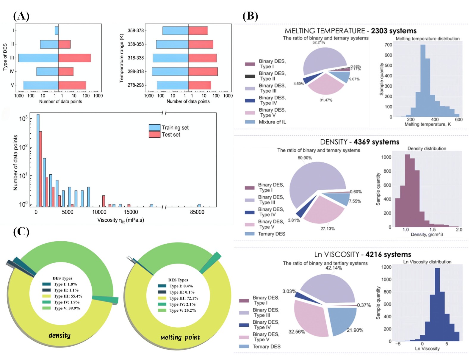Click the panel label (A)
point(21,16)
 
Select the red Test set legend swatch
point(154,134)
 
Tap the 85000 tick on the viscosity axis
point(197,212)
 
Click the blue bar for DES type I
point(57,31)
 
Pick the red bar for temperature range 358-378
point(198,31)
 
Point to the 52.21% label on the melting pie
point(319,43)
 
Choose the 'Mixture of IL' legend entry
point(272,122)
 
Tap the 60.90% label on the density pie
point(305,158)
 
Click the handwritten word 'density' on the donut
point(59,335)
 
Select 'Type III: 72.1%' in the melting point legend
point(184,298)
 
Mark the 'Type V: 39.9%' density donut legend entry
point(67,308)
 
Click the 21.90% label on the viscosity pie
point(355,330)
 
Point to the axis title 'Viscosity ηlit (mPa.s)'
point(120,220)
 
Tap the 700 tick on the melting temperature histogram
point(388,45)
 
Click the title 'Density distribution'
point(427,148)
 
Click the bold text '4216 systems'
point(388,255)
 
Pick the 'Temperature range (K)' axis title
point(121,58)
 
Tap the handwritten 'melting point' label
point(180,337)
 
